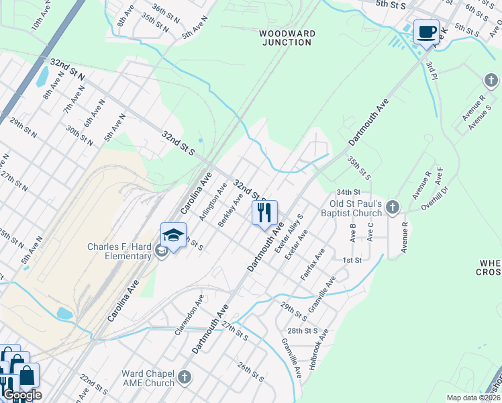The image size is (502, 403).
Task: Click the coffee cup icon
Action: click(426, 32)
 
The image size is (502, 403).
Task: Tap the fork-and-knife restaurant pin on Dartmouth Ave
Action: click(264, 213)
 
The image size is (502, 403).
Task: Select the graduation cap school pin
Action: click(173, 236)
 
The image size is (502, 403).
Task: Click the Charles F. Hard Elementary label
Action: click(119, 251)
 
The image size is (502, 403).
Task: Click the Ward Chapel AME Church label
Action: click(148, 378)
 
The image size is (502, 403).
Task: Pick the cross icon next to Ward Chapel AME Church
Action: click(185, 378)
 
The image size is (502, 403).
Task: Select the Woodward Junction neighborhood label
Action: click(287, 37)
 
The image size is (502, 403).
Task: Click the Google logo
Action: click(21, 396)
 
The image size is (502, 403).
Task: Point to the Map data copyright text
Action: click(473, 398)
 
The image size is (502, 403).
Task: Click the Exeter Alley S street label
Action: click(295, 232)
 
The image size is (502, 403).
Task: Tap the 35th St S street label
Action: click(359, 168)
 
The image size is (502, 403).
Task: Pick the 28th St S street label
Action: click(302, 331)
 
